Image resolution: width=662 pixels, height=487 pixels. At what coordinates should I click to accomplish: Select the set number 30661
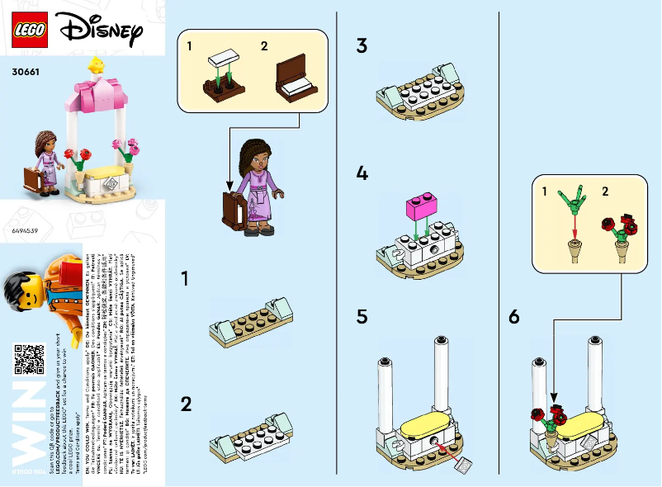click(x=27, y=71)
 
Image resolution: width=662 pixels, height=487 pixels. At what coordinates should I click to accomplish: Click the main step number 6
click(x=514, y=317)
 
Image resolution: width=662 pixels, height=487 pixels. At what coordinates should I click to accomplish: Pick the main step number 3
click(x=362, y=46)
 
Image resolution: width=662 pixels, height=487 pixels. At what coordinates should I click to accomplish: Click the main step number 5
click(x=362, y=317)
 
